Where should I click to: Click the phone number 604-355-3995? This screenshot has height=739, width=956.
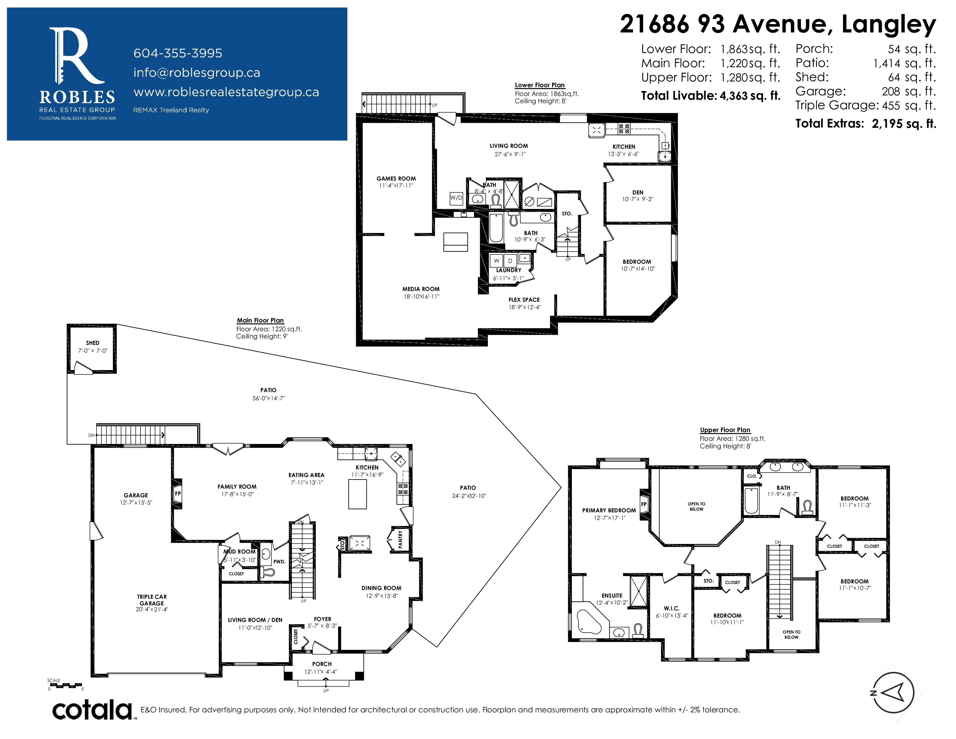[x=178, y=53]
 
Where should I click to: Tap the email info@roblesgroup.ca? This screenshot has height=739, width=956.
[x=196, y=73]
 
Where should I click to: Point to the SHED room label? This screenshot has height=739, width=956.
[x=93, y=343]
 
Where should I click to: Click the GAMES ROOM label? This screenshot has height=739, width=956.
[x=396, y=178]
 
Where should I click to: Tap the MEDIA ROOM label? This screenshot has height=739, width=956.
[x=421, y=289]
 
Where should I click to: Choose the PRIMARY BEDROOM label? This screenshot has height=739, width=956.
[x=609, y=510]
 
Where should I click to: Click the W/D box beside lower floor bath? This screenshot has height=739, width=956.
[x=456, y=198]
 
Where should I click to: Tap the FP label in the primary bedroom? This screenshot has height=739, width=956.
[x=644, y=504]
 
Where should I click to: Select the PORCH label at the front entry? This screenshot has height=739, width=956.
[x=322, y=664]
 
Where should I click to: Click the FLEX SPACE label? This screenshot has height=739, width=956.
[x=524, y=300]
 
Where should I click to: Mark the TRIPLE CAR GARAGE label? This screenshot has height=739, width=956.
[x=152, y=600]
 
